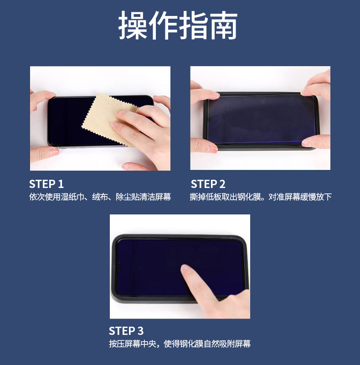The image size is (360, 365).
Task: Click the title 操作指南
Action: coord(178,25)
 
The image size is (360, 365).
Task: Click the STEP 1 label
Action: coord(46,184)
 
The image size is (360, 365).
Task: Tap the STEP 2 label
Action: coord(208,184)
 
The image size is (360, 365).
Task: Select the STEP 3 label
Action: coord(126,331)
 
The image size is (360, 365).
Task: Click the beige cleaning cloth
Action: coord(109,119)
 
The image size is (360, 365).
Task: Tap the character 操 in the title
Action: coord(133,25)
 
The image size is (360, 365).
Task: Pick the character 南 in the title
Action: coord(223,25)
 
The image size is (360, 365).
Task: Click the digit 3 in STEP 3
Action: coord(140,331)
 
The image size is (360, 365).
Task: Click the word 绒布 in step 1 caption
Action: coord(100,197)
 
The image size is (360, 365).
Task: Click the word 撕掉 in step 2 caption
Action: coord(198,197)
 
